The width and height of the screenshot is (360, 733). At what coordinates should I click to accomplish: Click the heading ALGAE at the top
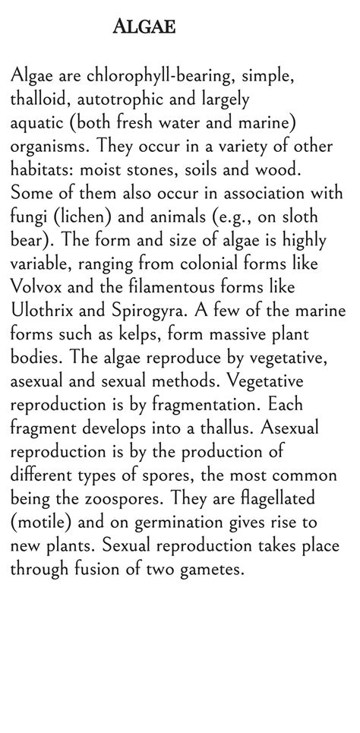click(144, 28)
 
